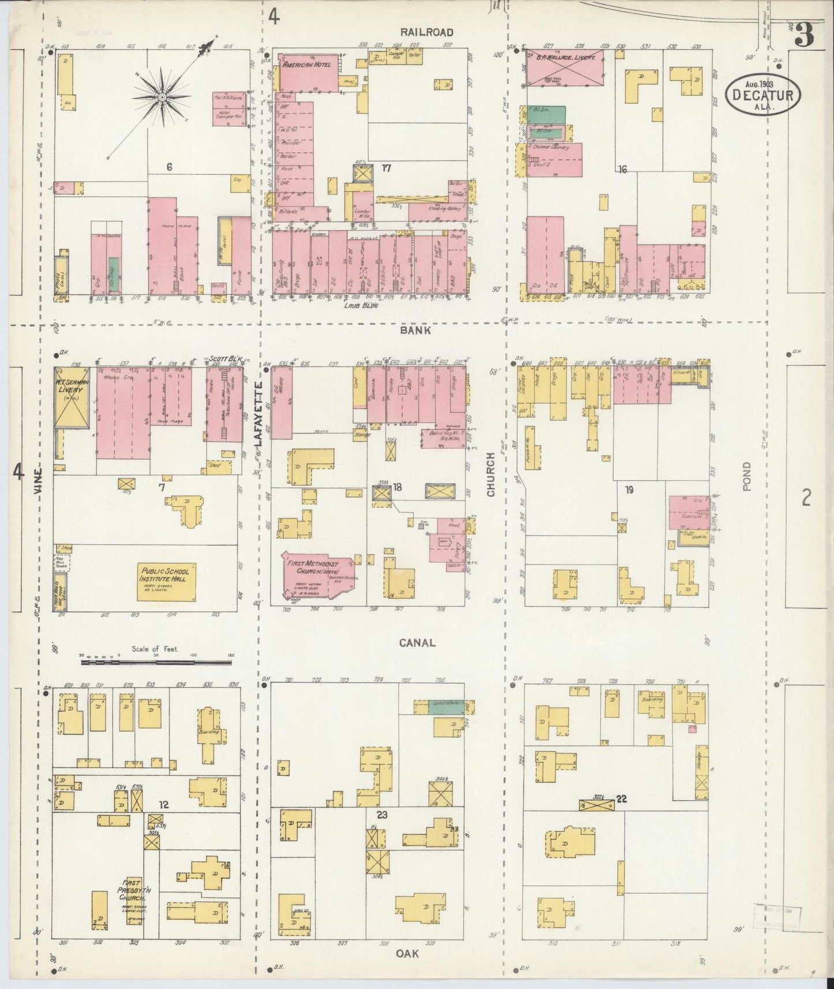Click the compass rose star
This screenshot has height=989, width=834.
pos(163,98)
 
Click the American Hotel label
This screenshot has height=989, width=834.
pos(306,65)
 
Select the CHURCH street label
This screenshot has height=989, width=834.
pos(491,474)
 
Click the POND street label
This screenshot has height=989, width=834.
pos(747,476)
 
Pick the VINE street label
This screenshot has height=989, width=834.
pos(38,496)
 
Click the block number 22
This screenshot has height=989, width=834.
pos(622,799)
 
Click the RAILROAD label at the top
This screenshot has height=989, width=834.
pos(428,32)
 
